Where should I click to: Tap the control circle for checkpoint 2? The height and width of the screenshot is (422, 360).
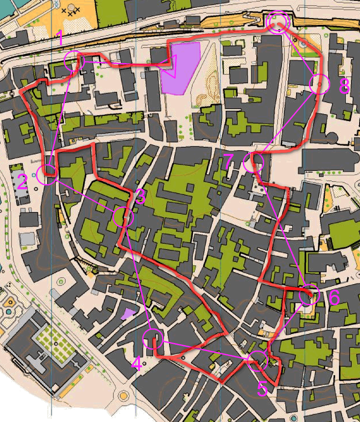pyautogui.click(x=47, y=175)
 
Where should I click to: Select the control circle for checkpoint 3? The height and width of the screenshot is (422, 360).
pyautogui.click(x=123, y=217)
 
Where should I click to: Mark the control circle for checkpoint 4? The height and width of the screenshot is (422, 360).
pyautogui.click(x=153, y=338)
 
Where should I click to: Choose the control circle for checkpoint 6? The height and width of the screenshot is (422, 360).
pyautogui.click(x=309, y=294)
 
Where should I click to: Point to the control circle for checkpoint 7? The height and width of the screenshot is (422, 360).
pyautogui.click(x=253, y=162)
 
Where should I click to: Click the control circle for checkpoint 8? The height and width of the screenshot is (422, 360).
pyautogui.click(x=319, y=84)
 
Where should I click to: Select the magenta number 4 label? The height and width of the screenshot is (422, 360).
pyautogui.click(x=136, y=364)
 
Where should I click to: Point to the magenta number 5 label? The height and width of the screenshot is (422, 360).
pyautogui.click(x=262, y=389)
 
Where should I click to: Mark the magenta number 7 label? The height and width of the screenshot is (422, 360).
pyautogui.click(x=229, y=162)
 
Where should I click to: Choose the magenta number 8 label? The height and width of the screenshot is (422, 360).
pyautogui.click(x=344, y=87)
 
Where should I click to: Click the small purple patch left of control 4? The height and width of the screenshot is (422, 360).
pyautogui.click(x=128, y=314)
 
